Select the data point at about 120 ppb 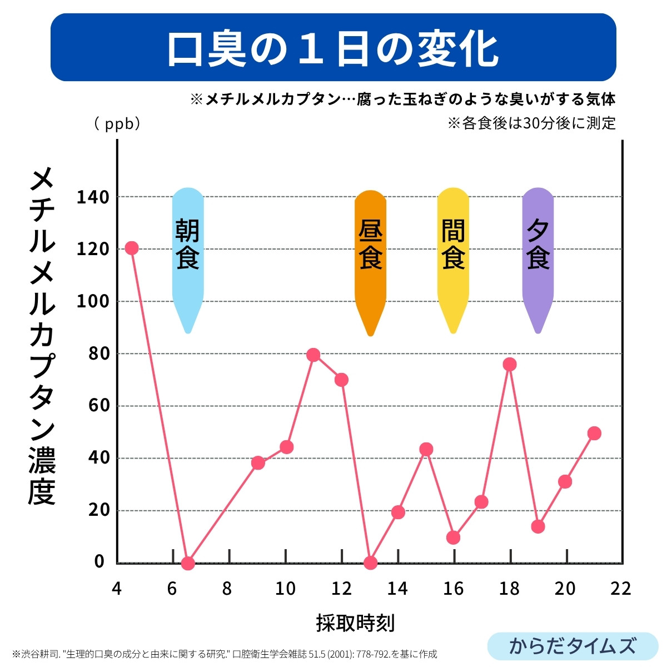[132, 248]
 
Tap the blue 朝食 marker [188, 250]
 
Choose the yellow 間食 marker [453, 250]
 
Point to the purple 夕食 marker [537, 250]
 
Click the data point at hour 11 [313, 355]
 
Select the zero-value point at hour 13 [370, 563]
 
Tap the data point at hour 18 [510, 364]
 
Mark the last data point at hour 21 [594, 433]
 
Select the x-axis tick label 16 [454, 589]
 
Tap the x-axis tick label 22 [620, 589]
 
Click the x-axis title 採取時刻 [355, 623]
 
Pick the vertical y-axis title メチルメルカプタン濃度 [42, 336]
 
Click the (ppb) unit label [117, 123]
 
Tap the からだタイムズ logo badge [573, 646]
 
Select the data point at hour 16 [454, 537]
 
